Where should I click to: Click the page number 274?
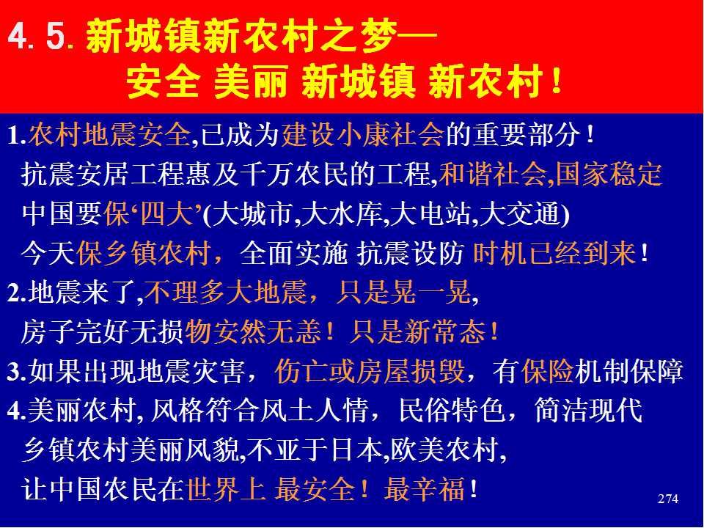[x=667, y=499]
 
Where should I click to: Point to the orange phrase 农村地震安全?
[x=109, y=134]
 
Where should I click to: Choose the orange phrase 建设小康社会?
[x=363, y=134]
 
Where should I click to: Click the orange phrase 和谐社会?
[x=493, y=175]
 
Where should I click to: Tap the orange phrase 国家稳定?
[x=609, y=175]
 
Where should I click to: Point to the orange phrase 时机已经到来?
[x=554, y=254]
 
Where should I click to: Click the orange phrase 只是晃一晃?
[x=403, y=293]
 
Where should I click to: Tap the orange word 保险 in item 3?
[x=547, y=372]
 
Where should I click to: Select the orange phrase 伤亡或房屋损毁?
[x=370, y=372]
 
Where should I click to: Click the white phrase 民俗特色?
[x=452, y=411]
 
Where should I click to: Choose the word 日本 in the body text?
[x=356, y=450]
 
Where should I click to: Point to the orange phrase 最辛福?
[x=425, y=490]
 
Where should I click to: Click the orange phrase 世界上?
[x=225, y=490]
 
